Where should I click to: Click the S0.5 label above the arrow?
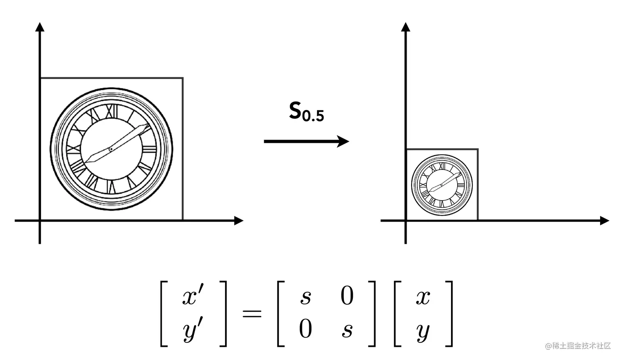click(x=306, y=112)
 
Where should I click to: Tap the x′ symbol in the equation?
click(x=193, y=296)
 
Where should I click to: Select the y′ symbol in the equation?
click(x=193, y=330)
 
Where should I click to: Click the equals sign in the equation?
click(x=252, y=314)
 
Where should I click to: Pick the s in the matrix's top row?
click(x=306, y=296)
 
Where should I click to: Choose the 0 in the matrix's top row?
click(x=347, y=296)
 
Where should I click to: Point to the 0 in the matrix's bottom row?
click(x=306, y=329)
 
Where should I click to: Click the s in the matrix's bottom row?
click(x=347, y=330)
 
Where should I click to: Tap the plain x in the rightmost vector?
click(x=423, y=296)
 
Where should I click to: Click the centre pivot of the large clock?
click(x=111, y=149)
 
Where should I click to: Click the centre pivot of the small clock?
click(x=442, y=185)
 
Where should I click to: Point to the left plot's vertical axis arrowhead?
click(x=40, y=27)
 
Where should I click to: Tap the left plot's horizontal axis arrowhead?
click(x=239, y=220)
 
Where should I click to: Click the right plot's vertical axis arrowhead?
click(x=406, y=27)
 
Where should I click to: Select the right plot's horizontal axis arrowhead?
click(x=604, y=220)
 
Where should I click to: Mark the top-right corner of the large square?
click(x=183, y=78)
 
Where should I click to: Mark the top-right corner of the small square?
click(x=478, y=149)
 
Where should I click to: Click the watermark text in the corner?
click(x=578, y=346)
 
